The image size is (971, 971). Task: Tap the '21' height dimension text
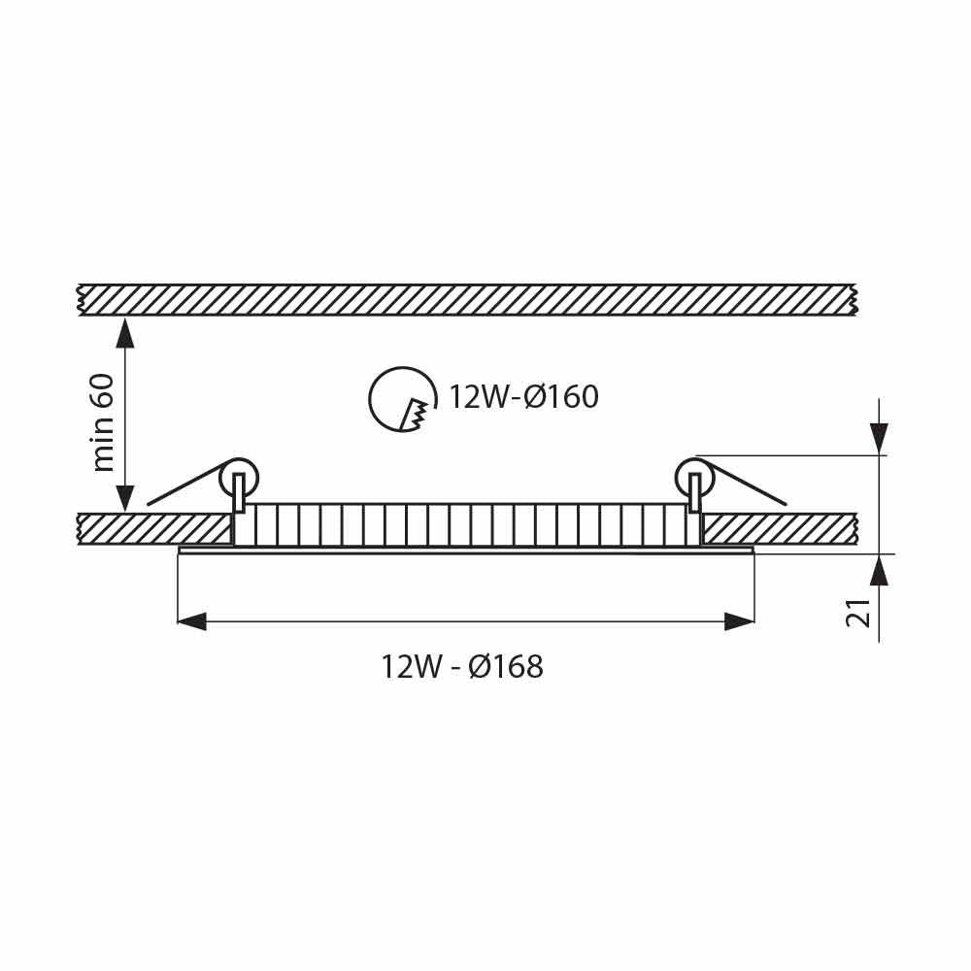[858, 613]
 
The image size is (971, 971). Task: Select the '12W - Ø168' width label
[462, 667]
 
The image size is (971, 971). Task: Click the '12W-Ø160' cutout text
[522, 397]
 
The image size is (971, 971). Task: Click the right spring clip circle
[694, 477]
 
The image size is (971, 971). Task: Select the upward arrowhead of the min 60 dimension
[124, 332]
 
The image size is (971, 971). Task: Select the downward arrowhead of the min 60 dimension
[124, 498]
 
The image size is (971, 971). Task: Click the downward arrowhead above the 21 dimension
[879, 440]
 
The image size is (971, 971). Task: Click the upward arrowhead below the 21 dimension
[879, 570]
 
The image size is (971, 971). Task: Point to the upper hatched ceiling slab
[466, 299]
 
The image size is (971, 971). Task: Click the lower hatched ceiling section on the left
[155, 529]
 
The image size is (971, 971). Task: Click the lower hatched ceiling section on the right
[777, 529]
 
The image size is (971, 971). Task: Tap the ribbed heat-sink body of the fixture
[466, 525]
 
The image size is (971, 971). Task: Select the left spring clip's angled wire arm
[184, 489]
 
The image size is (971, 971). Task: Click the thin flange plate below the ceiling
[466, 552]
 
